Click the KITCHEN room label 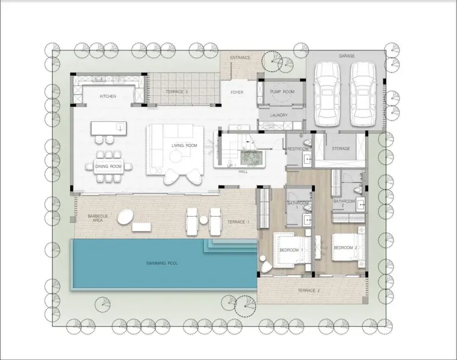click(x=108, y=96)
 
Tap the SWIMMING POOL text click(x=162, y=263)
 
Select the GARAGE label click(x=347, y=56)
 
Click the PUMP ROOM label click(x=282, y=92)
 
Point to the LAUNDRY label click(x=279, y=115)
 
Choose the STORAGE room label click(x=341, y=148)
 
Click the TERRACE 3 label click(x=176, y=92)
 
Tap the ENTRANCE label click(x=240, y=58)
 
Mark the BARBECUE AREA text click(x=98, y=218)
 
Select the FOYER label click(x=237, y=92)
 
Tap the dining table click(x=109, y=166)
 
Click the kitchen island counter click(x=109, y=128)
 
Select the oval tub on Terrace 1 click(x=125, y=217)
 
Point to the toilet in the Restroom click(x=307, y=143)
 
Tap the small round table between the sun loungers click(x=203, y=220)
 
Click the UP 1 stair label click(x=231, y=166)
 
